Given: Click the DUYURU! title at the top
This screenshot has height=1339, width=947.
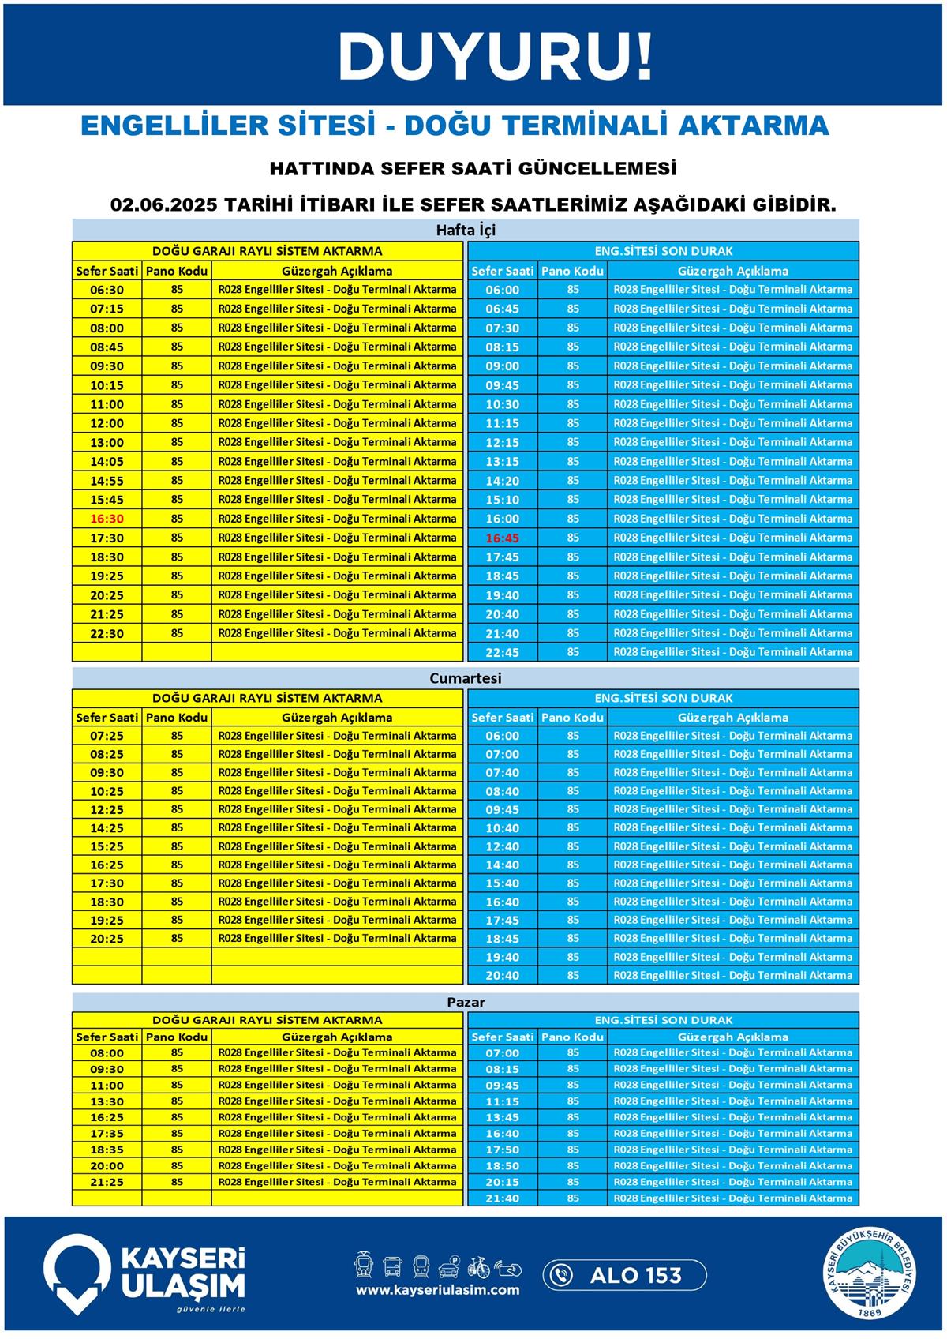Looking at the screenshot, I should [496, 57].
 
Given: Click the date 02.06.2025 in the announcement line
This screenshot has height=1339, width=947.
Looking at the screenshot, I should [163, 204].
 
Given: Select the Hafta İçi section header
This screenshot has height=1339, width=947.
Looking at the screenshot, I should [466, 231].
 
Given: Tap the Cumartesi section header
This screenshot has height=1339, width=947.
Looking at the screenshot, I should [466, 678].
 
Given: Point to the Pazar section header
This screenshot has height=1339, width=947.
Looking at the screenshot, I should [466, 1002].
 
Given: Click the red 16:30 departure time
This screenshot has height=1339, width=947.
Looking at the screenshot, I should [107, 519].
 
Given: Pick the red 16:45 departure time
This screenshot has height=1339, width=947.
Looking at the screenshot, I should [503, 538].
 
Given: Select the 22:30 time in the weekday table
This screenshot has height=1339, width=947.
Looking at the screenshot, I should [107, 633].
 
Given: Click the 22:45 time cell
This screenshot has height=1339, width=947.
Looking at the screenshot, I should [503, 652].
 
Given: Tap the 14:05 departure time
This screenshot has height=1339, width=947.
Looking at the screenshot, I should [107, 461].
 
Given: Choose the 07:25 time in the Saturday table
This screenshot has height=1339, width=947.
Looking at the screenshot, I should [107, 736].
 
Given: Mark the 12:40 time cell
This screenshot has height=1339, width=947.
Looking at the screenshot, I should [503, 846].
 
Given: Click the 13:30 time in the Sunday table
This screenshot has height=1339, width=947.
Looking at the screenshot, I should [107, 1101].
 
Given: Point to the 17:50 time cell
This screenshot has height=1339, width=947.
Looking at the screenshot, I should [503, 1150].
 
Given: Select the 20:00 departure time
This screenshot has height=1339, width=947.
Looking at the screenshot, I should [107, 1165].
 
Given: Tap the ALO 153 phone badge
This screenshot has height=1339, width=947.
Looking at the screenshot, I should [624, 1275].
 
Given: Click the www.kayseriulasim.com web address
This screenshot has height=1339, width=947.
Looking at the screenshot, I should [438, 1290].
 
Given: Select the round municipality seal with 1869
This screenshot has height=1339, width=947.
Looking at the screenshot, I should [871, 1274].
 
